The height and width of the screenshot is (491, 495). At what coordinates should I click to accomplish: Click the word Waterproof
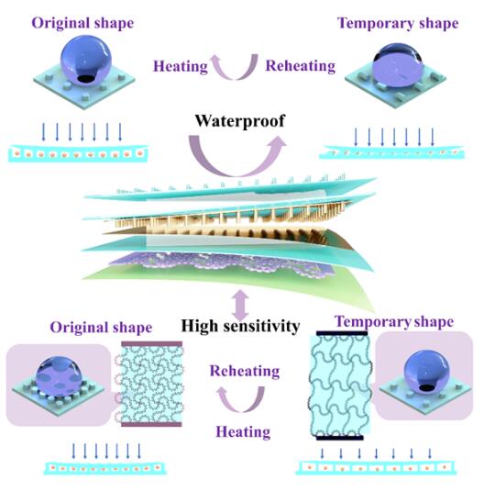tap(240, 121)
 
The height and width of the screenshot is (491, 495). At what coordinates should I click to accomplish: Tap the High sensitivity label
tap(240, 326)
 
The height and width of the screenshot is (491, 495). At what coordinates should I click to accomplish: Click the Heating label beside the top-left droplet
tap(181, 66)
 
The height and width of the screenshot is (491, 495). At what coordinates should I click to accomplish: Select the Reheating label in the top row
tap(301, 66)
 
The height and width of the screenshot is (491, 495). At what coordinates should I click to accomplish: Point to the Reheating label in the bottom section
tap(245, 371)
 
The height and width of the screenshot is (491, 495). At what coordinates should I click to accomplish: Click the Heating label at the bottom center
tap(243, 432)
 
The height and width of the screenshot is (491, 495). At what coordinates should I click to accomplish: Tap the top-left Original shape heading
tap(82, 24)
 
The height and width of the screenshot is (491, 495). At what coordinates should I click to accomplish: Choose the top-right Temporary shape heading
tap(398, 24)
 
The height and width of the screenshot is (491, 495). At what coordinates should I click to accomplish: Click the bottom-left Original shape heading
tap(101, 328)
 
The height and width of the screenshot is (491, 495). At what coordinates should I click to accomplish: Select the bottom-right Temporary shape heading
tap(394, 322)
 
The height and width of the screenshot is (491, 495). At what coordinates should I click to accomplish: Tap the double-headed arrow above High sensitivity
tap(240, 304)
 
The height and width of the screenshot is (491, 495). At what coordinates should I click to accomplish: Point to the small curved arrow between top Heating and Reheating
tap(235, 75)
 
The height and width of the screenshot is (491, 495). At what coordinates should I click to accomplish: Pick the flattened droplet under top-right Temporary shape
tap(397, 65)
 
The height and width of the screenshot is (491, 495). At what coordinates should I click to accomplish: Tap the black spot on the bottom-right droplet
tap(426, 387)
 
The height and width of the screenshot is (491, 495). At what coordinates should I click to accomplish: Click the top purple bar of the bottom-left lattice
tap(151, 343)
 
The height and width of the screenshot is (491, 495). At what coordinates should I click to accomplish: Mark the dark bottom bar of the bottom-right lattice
tap(340, 438)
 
